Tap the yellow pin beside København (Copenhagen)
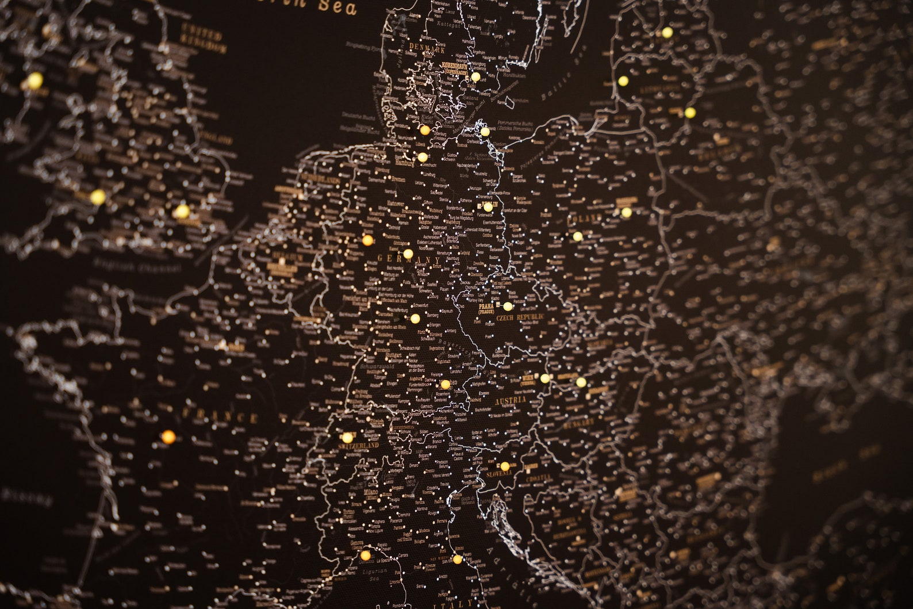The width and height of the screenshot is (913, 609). [475, 76]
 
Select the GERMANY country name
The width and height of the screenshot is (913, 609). [409, 260]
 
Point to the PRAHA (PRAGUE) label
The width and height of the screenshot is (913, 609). [486, 308]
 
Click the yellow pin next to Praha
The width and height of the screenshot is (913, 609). [507, 306]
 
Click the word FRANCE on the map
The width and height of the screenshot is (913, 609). [220, 416]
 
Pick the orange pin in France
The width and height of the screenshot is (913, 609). [168, 436]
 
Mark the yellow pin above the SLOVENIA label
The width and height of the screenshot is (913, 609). [504, 466]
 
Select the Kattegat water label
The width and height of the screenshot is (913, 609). [450, 25]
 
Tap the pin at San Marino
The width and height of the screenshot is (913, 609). [457, 558]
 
